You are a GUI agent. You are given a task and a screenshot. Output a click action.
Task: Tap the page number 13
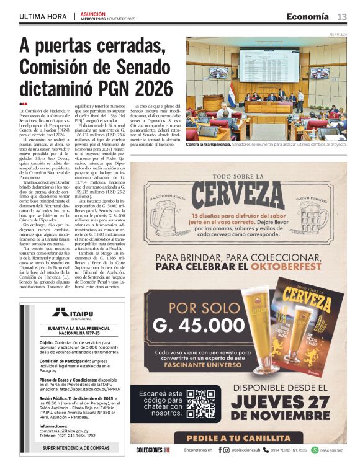click(342, 17)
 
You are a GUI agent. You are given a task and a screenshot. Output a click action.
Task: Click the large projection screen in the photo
click(268, 65)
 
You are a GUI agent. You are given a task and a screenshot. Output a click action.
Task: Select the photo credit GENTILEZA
click(338, 35)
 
